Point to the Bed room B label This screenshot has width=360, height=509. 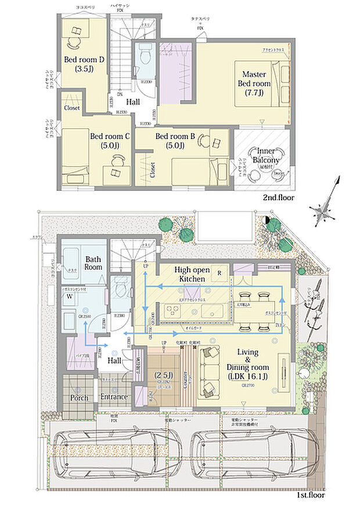(174, 140)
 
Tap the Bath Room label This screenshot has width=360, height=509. (93, 263)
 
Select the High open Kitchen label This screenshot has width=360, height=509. (191, 275)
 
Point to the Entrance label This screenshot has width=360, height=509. (114, 397)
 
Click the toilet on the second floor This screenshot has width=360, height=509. (145, 57)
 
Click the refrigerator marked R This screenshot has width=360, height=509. (219, 272)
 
